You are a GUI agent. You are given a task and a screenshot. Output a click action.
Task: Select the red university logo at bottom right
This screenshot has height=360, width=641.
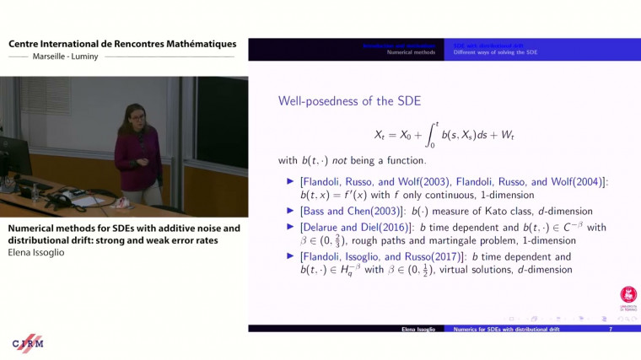coord(628,295)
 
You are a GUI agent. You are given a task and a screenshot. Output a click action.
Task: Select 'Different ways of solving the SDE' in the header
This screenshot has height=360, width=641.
coord(495,52)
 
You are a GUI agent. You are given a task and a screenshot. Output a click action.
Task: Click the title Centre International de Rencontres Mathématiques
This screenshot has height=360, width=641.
coord(122,44)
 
